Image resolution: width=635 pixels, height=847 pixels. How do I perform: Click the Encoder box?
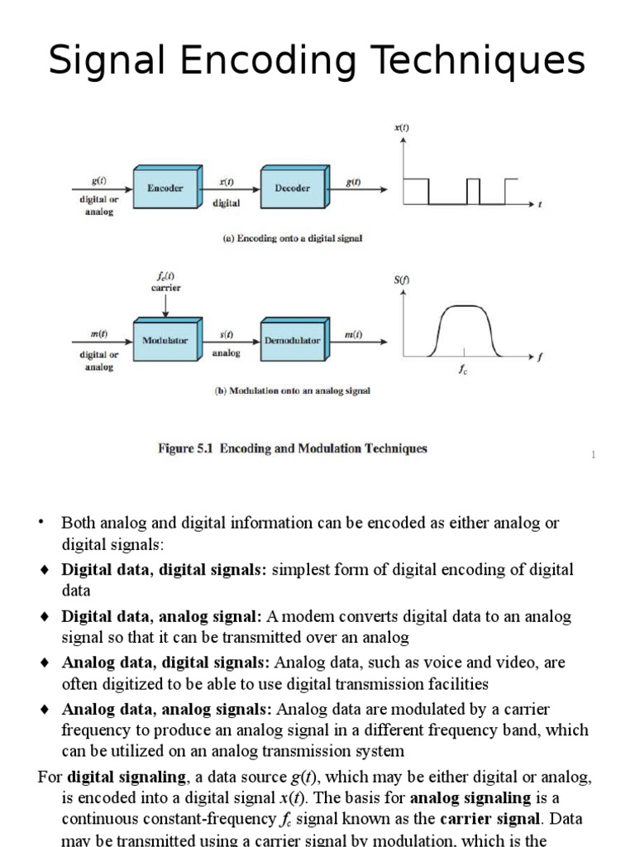165,188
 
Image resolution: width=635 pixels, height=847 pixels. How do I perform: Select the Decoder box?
292,188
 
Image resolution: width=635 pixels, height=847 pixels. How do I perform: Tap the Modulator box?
165,340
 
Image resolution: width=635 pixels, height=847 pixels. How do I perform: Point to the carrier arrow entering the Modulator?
165,304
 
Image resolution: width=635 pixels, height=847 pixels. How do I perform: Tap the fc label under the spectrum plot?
464,371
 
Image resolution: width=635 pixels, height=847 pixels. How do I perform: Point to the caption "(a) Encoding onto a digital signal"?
293,238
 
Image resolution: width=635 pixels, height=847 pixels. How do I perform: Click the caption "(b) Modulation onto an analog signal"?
288,390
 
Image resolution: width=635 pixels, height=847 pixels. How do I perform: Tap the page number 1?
593,455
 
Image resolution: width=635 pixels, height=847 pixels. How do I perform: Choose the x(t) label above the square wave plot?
403,127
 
